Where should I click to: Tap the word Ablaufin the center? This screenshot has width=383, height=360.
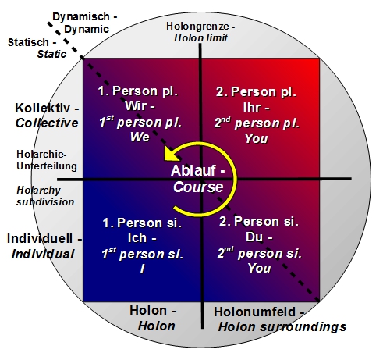coord(193,170)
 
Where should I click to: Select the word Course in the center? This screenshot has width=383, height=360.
coord(198,187)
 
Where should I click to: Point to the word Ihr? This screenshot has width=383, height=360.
coord(252,107)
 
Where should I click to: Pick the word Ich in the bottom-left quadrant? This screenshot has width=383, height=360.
coord(137,237)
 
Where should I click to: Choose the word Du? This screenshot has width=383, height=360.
coord(254,237)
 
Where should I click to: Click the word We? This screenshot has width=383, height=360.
coord(140,137)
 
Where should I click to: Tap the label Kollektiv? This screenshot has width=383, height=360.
coord(43,108)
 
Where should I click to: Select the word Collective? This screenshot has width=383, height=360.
coord(47,123)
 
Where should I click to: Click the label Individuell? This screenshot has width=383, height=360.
coord(40,238)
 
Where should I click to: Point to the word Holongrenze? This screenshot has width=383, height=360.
coord(197,26)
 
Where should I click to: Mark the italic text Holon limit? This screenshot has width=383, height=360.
coord(200,37)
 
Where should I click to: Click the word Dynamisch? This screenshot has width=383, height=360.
coord(81,17)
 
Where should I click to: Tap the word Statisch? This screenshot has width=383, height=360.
coord(28,42)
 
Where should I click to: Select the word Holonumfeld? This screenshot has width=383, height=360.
coord(254,312)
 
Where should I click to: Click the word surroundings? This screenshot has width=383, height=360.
coord(303,327)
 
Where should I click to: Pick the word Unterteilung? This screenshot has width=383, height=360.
coord(47,166)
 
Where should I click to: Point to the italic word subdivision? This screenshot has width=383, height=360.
coord(45,201)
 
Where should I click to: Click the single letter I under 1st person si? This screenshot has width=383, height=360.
coord(142,269)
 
